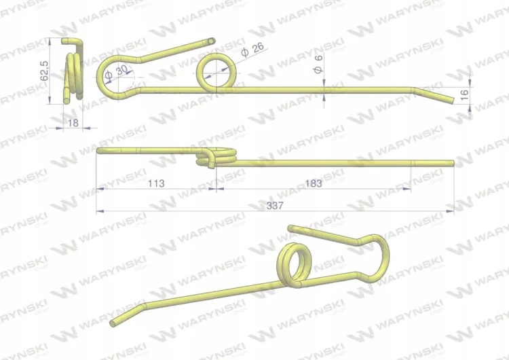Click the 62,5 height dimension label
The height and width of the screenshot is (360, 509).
pyautogui.click(x=44, y=71)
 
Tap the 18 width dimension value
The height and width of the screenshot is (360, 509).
pyautogui.click(x=73, y=123)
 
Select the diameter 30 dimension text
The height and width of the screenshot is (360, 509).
pyautogui.click(x=116, y=72)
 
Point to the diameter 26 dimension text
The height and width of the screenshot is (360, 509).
pyautogui.click(x=252, y=50)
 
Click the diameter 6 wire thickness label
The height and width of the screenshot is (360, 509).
pyautogui.click(x=318, y=64)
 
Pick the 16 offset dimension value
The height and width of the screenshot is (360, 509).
pyautogui.click(x=464, y=94)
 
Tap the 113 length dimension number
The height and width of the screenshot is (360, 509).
pyautogui.click(x=156, y=183)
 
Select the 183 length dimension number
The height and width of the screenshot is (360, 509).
pyautogui.click(x=314, y=183)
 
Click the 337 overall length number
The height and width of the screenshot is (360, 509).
pyautogui.click(x=275, y=206)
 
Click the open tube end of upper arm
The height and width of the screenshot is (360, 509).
pyautogui.click(x=211, y=41)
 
